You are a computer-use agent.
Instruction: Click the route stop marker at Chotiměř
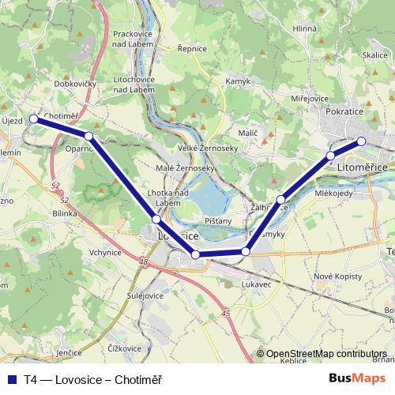click(x=34, y=118)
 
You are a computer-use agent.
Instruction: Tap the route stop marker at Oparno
click(x=89, y=137)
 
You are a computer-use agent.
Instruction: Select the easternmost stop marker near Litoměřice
click(x=362, y=141)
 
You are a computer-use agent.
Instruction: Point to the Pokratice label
click(x=344, y=113)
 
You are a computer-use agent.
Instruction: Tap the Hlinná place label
click(x=304, y=28)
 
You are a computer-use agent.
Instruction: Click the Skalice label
click(x=374, y=55)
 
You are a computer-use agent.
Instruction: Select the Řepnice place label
click(x=192, y=48)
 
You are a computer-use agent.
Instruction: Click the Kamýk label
click(x=238, y=81)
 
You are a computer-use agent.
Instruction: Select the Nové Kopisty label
click(x=337, y=276)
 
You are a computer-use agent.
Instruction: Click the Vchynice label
click(x=106, y=253)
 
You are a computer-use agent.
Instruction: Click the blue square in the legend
click(x=12, y=379)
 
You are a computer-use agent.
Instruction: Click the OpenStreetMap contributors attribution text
click(x=325, y=354)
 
